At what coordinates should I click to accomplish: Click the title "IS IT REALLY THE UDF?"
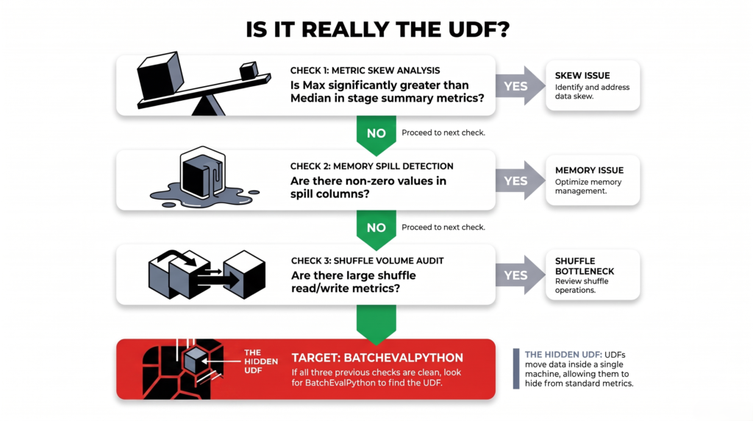pyautogui.click(x=377, y=29)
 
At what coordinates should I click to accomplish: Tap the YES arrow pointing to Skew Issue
pyautogui.click(x=520, y=85)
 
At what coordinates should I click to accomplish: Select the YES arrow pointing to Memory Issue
pyautogui.click(x=520, y=180)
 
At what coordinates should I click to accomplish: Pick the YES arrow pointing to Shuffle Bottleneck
pyautogui.click(x=520, y=275)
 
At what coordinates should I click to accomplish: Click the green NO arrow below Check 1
pyautogui.click(x=376, y=135)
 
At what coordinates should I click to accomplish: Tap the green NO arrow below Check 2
pyautogui.click(x=376, y=230)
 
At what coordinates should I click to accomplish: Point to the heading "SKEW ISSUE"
pyautogui.click(x=582, y=76)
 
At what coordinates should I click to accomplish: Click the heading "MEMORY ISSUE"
pyautogui.click(x=589, y=170)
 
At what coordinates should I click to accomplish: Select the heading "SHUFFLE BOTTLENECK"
pyautogui.click(x=585, y=266)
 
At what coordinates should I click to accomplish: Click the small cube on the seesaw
pyautogui.click(x=249, y=71)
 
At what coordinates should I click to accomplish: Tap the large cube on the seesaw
pyautogui.click(x=160, y=75)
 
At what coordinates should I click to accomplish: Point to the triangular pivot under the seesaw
pyautogui.click(x=208, y=105)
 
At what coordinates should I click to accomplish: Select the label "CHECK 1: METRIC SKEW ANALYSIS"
pyautogui.click(x=365, y=71)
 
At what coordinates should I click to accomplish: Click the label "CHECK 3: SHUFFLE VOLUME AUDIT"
pyautogui.click(x=368, y=261)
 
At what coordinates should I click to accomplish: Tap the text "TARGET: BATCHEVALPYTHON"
pyautogui.click(x=377, y=358)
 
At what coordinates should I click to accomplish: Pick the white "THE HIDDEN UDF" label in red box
pyautogui.click(x=261, y=361)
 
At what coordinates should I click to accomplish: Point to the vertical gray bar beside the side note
pyautogui.click(x=516, y=369)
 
